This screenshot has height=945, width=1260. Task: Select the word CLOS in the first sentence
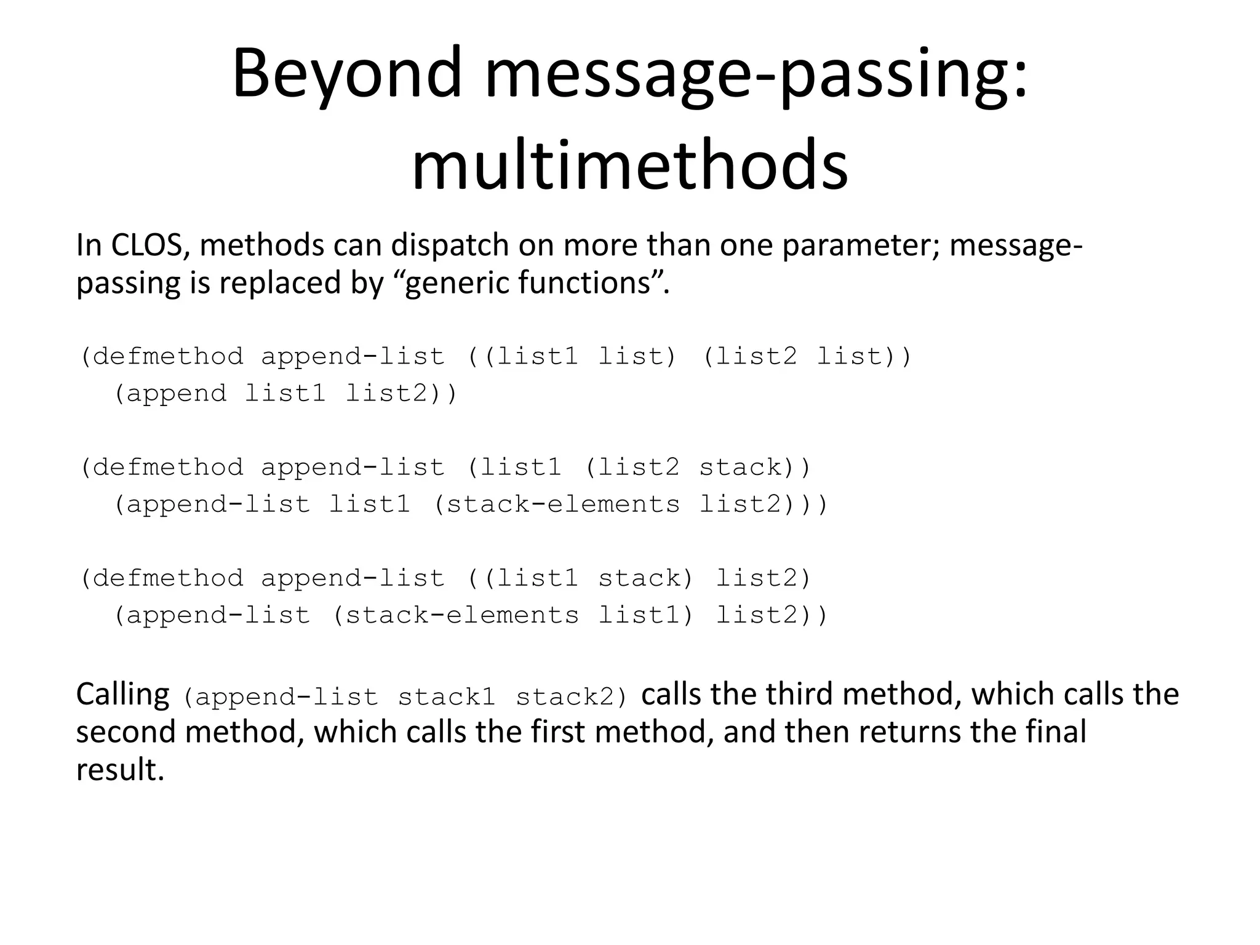point(146,245)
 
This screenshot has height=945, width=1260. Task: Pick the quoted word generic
point(457,284)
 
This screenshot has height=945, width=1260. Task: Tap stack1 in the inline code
point(446,698)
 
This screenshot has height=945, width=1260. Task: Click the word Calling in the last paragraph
point(122,695)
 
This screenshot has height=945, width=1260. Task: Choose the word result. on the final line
point(120,770)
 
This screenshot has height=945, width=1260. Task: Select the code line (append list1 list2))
point(285,394)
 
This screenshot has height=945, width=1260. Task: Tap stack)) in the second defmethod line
point(755,468)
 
